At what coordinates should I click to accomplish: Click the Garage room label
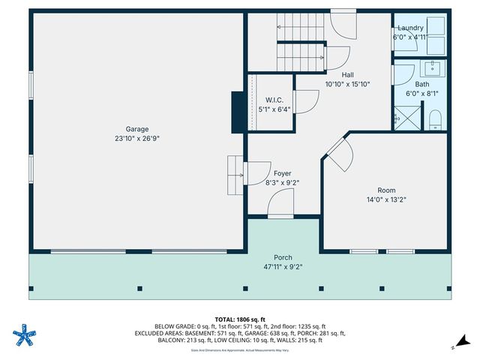tap(136, 128)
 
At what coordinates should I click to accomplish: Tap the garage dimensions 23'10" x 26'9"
tap(136, 138)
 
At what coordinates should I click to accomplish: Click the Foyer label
tap(282, 172)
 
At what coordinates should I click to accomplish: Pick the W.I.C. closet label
tap(274, 100)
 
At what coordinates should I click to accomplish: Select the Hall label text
tap(347, 74)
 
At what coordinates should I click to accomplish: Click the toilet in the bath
tap(434, 120)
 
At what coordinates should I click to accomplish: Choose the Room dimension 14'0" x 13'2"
tap(385, 199)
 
